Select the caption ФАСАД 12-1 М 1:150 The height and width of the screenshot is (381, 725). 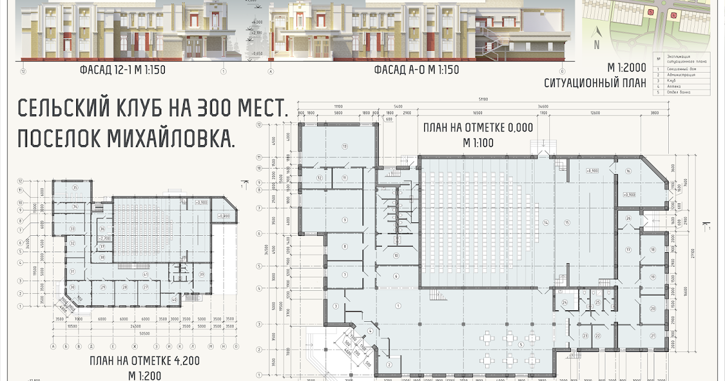(x=122, y=70)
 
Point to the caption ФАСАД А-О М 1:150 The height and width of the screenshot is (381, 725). (x=416, y=70)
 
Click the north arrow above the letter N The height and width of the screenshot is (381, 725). (x=596, y=33)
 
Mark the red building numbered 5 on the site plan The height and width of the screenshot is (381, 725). (x=650, y=11)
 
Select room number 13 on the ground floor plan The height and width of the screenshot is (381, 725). (x=345, y=147)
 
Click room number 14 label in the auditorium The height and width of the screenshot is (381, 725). (x=546, y=223)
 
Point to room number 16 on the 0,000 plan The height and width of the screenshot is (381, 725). (x=628, y=172)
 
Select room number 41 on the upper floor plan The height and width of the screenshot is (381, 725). (x=146, y=275)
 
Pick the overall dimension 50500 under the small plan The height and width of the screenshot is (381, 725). (x=144, y=333)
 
